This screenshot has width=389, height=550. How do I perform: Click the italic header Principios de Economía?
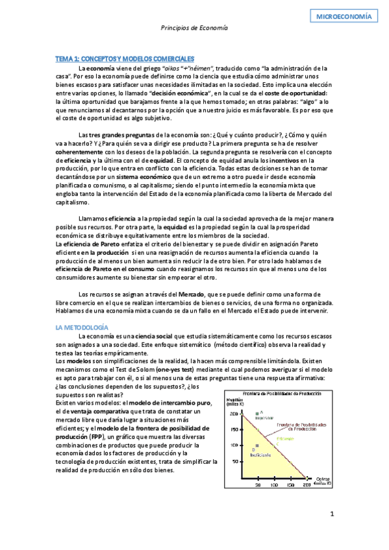[194, 29]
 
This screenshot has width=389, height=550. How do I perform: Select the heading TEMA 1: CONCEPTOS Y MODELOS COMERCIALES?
[125, 59]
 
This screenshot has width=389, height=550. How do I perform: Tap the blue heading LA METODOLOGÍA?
[82, 328]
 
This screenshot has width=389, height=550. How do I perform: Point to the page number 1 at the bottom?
[332, 514]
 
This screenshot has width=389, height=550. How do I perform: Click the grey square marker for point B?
[258, 446]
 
